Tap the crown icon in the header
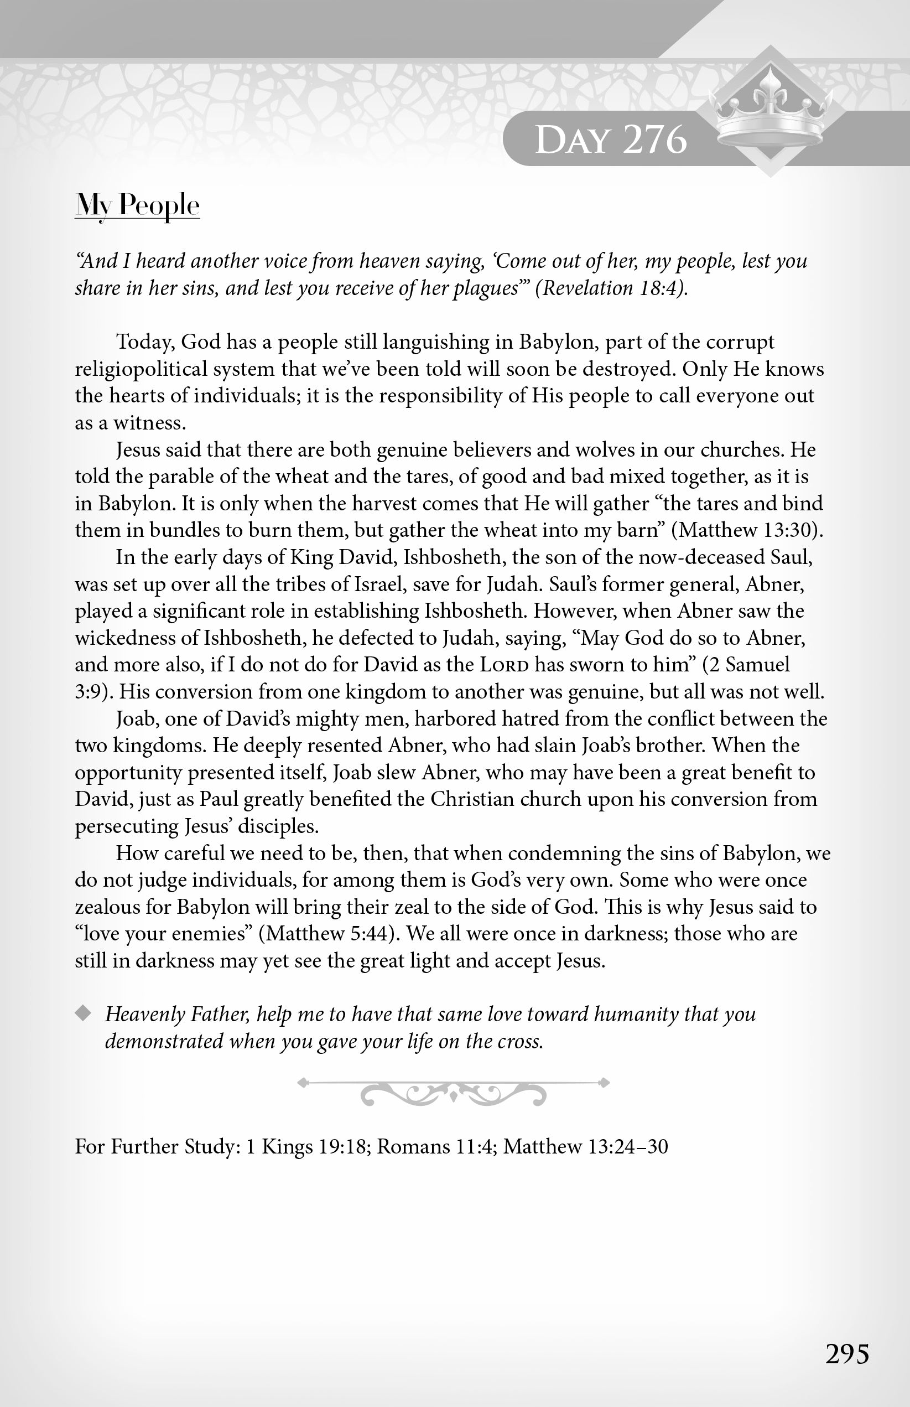[x=769, y=112]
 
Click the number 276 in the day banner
[x=655, y=140]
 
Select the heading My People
[x=137, y=206]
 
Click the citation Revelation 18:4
[x=611, y=288]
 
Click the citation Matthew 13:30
[x=747, y=530]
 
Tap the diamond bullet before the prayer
[x=84, y=1014]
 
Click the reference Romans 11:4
[x=436, y=1146]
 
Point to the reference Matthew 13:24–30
[x=585, y=1146]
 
